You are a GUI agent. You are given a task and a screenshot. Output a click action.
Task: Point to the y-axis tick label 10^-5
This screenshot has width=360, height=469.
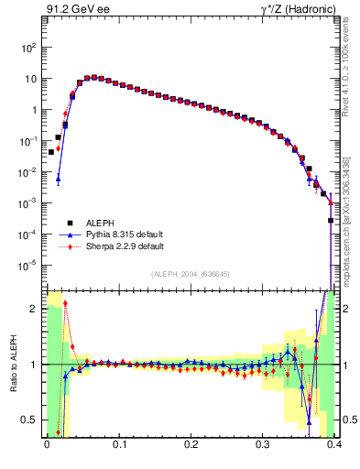click(x=29, y=266)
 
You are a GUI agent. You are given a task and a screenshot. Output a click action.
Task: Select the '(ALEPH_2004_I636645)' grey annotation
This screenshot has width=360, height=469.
click(x=190, y=274)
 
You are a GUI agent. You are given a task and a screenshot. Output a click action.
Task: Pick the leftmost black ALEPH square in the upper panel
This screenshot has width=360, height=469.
click(x=50, y=152)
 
